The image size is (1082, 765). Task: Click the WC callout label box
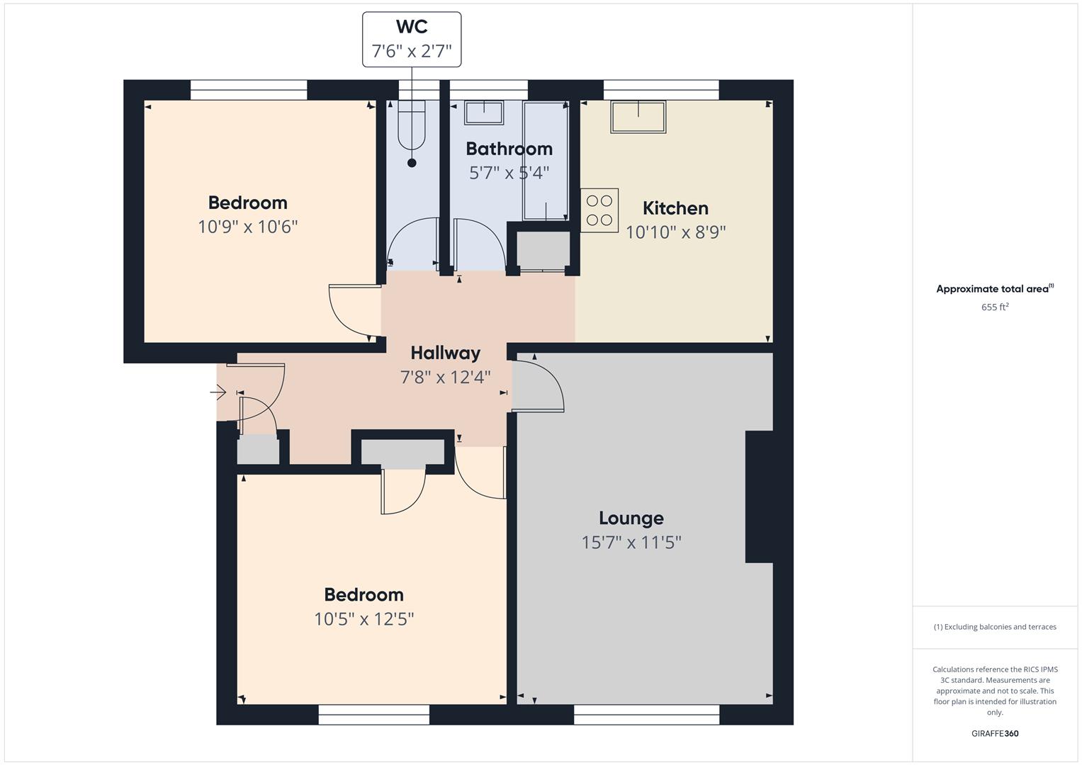(x=412, y=40)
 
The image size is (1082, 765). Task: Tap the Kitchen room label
(x=675, y=208)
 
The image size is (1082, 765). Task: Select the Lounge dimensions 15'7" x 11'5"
(x=631, y=543)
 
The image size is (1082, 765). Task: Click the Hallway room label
(x=446, y=353)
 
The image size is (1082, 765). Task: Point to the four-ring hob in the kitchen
(x=599, y=210)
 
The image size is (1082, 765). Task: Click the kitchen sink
(x=638, y=117)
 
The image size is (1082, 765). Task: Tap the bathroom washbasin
(x=484, y=113)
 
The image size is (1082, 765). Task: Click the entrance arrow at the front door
(x=218, y=392)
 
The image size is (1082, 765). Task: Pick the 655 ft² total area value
(x=995, y=307)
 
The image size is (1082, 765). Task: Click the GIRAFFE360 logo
(x=995, y=733)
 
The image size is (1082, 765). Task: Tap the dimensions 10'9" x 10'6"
(x=248, y=227)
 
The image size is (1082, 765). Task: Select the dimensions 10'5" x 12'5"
(x=364, y=618)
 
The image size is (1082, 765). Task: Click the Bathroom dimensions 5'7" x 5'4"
(x=509, y=172)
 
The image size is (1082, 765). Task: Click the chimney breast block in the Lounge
(x=760, y=497)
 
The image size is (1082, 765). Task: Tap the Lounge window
(x=646, y=714)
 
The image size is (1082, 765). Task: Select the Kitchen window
(x=661, y=90)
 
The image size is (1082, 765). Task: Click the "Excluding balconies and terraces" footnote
(x=995, y=627)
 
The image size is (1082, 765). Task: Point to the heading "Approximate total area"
(x=993, y=289)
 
